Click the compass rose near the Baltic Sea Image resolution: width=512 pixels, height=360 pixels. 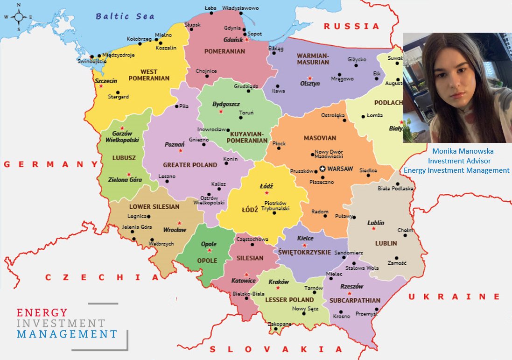coord(19,17)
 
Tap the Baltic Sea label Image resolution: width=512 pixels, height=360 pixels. coord(125,16)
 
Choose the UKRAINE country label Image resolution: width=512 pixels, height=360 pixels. coord(454,296)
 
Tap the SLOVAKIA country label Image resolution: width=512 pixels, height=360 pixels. coord(276,349)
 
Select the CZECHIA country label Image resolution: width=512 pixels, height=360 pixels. coord(102,277)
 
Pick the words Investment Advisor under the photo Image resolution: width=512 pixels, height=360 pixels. coord(456,161)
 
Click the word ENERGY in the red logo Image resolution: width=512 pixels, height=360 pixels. coord(42,312)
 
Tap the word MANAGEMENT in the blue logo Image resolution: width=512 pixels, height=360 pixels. coord(67,334)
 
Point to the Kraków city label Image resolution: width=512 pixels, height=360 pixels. coord(279,282)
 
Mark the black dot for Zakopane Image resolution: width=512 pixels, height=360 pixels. coord(276,329)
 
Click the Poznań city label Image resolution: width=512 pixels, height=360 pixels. coord(175,145)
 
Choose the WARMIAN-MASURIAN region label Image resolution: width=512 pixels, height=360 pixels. coord(313,59)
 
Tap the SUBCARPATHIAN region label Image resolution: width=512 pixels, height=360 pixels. coord(355,300)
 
